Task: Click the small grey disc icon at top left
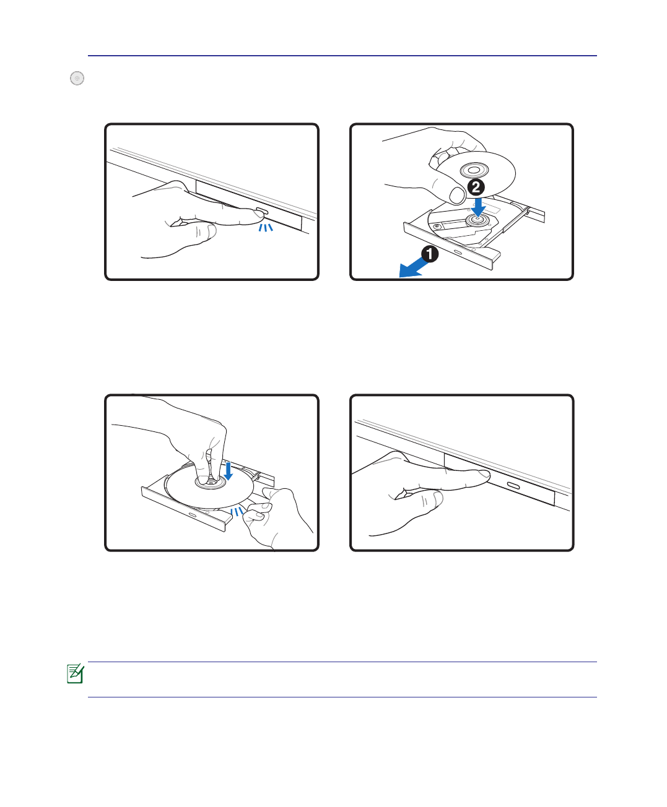tap(77, 78)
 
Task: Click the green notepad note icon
tap(76, 674)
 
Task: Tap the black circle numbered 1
tap(429, 254)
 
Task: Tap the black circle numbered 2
tap(476, 188)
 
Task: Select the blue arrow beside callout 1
tap(413, 268)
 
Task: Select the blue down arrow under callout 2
tap(479, 207)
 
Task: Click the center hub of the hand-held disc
tap(474, 170)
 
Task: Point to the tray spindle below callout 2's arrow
tap(477, 220)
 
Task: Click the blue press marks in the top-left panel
tap(266, 227)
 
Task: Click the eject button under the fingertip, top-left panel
tap(261, 210)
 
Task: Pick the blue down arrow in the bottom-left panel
tap(229, 470)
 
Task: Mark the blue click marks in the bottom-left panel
tap(237, 512)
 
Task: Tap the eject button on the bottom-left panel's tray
tap(192, 515)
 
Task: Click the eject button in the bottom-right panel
tap(513, 485)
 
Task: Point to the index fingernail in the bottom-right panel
tap(484, 473)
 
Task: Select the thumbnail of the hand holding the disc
tap(457, 195)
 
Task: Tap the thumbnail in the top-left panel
tap(212, 232)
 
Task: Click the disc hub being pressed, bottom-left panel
tap(210, 482)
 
